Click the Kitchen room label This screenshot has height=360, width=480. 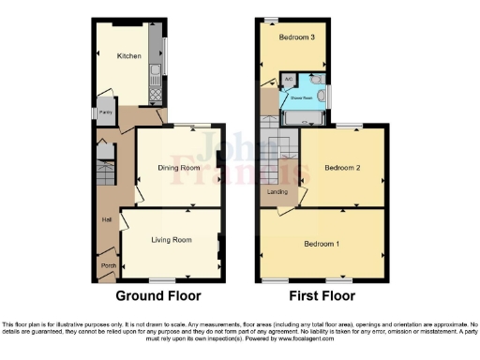(x=128, y=56)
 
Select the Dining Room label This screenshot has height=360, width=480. (x=179, y=168)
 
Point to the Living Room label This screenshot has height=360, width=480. (x=172, y=240)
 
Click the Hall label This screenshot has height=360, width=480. (x=107, y=220)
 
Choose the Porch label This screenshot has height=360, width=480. (x=108, y=265)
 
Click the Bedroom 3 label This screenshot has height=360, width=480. (x=294, y=37)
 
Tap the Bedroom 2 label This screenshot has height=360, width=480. (x=343, y=168)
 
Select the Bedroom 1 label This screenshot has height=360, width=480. (x=322, y=244)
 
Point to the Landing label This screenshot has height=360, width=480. (x=277, y=192)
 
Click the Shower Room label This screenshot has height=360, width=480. (x=301, y=97)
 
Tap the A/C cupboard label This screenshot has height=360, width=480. (x=289, y=78)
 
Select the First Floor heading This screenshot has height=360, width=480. (x=322, y=295)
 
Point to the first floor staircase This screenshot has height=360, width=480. (x=279, y=155)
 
